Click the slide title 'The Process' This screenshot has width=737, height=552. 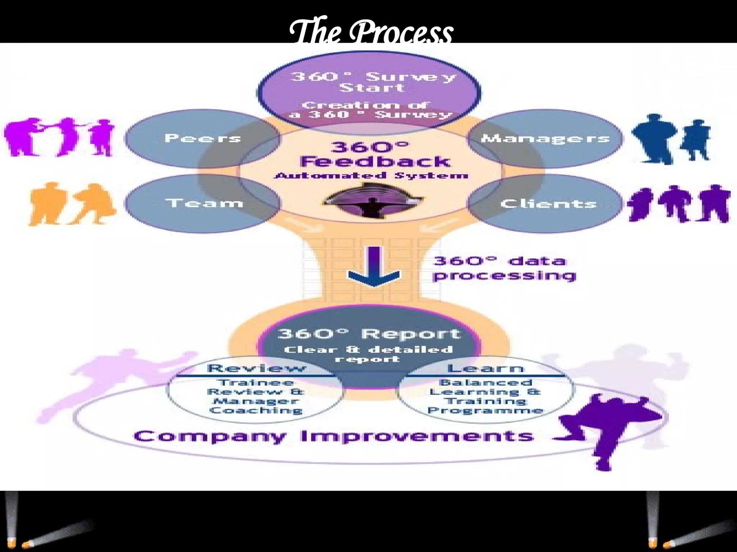371,32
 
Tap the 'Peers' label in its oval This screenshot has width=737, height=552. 203,138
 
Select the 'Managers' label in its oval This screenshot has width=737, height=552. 545,138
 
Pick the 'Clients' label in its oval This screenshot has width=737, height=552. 548,204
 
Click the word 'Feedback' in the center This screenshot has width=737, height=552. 375,161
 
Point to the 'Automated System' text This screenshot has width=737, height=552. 371,176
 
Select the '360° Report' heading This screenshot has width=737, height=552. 369,334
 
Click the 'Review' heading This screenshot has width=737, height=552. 256,368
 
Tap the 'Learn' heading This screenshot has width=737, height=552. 485,368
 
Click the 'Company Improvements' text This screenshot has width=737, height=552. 334,436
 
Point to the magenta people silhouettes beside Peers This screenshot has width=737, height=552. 59,137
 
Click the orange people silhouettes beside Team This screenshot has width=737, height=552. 72,204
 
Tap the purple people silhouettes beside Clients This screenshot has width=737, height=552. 678,203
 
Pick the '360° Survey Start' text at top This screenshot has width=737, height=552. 373,82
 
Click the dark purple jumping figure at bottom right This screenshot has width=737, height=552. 608,428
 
